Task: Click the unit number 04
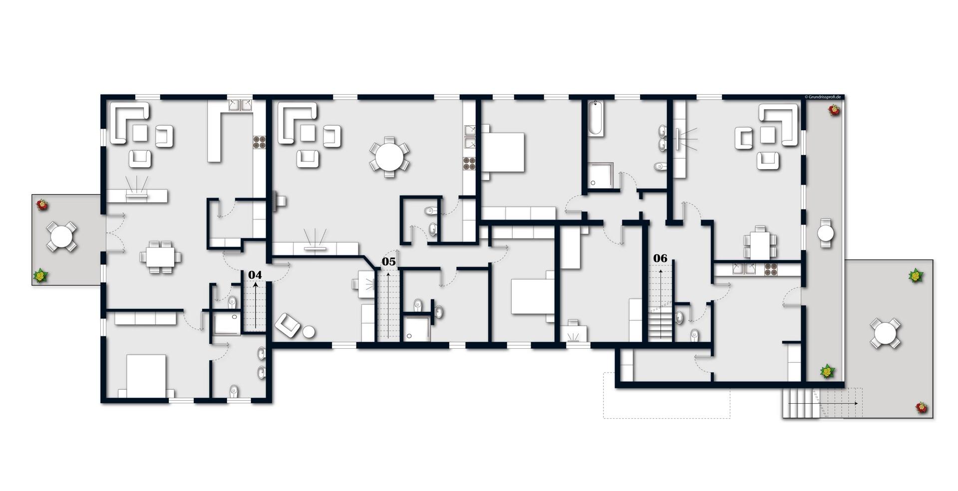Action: (x=255, y=275)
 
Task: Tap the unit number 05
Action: (x=388, y=261)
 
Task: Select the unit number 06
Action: (x=660, y=258)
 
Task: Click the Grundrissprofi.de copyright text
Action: (x=823, y=97)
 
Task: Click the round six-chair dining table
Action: (x=389, y=157)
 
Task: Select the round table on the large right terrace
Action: (x=885, y=333)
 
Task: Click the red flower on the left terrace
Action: (x=42, y=205)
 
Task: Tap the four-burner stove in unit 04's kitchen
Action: (x=259, y=143)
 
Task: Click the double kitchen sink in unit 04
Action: (x=240, y=105)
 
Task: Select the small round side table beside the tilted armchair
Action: (x=309, y=331)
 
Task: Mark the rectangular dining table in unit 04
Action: (x=160, y=257)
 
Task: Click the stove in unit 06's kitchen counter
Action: (x=770, y=269)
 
